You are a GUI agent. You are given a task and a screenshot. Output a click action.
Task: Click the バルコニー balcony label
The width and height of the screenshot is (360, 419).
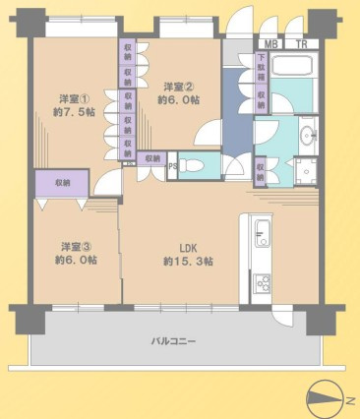[x=173, y=340]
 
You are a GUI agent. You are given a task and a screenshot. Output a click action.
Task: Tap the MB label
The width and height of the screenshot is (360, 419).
[x=270, y=44]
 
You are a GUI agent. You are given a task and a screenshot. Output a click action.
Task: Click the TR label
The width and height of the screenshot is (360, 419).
[x=301, y=44]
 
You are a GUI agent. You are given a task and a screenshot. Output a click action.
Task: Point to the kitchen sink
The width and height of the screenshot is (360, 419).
[x=262, y=234]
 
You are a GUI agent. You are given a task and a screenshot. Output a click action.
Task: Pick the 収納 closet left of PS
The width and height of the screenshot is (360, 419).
[x=151, y=158]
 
